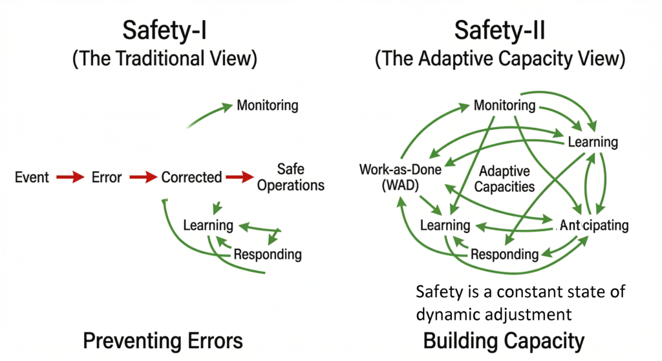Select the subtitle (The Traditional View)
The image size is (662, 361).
click(164, 59)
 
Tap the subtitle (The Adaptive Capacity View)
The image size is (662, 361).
click(500, 59)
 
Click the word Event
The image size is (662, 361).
click(32, 177)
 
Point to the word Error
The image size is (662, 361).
click(106, 177)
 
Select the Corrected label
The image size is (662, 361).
click(191, 177)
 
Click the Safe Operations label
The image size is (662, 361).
click(291, 177)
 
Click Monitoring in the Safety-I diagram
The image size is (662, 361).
click(268, 105)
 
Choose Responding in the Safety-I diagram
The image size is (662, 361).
click(268, 254)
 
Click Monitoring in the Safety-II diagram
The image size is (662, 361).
click(504, 105)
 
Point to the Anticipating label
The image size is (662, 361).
click(593, 225)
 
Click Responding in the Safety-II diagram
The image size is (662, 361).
click(504, 254)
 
